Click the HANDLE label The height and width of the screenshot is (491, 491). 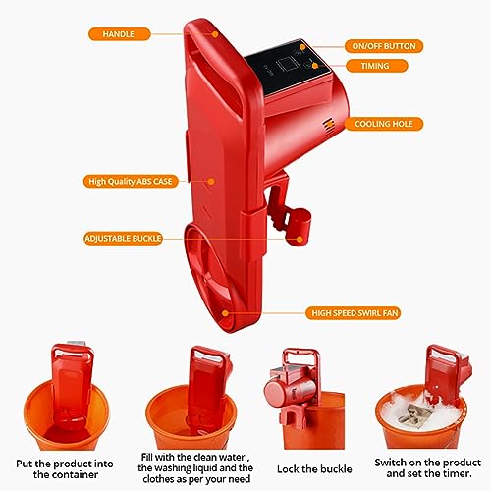point(120,34)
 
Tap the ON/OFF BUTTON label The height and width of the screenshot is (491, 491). point(384,46)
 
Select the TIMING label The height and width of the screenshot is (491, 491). point(376,66)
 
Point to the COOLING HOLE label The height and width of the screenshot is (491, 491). point(384,124)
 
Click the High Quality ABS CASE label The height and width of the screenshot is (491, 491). point(131,181)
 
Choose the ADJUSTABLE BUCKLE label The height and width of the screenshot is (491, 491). point(123,239)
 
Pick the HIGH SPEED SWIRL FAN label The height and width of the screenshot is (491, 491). point(353,313)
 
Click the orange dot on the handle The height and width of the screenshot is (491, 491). point(215,34)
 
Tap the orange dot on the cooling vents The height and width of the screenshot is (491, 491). point(328,124)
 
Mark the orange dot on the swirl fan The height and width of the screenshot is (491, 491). point(225,313)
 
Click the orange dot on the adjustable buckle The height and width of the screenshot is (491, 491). point(300,240)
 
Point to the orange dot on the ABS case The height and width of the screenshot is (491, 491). point(211,181)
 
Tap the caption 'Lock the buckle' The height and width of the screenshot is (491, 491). point(314,469)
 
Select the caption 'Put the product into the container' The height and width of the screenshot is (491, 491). point(65,469)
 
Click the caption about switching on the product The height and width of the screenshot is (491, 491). point(428,468)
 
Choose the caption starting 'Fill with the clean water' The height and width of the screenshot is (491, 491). point(195,467)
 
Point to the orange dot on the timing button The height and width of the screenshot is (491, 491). point(315,66)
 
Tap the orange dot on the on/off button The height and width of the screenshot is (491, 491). point(302,47)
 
